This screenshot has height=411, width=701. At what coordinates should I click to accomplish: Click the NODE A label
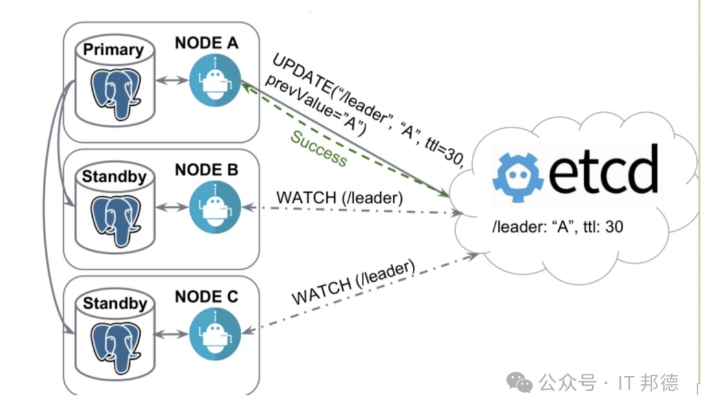tap(206, 43)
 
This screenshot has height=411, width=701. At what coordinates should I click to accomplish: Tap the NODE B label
tap(206, 170)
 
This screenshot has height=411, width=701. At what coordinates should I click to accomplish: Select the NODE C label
tap(206, 297)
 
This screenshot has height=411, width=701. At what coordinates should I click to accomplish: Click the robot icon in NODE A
tap(215, 81)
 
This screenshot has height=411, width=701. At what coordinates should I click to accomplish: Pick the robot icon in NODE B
tap(215, 207)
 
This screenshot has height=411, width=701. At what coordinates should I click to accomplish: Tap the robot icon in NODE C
tap(215, 334)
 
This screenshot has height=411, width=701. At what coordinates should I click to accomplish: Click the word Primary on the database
tap(114, 50)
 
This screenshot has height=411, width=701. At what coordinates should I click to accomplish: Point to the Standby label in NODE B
tap(114, 177)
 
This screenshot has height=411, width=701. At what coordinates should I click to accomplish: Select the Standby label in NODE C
tap(115, 303)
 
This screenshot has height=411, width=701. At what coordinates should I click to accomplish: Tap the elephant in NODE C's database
tap(116, 347)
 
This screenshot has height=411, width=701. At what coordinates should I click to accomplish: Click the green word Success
tap(318, 149)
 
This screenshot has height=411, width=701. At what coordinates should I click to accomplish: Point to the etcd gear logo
tap(518, 177)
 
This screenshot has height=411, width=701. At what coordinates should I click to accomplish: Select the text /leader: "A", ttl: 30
tap(558, 227)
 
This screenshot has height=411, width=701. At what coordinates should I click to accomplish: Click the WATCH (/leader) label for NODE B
tap(339, 197)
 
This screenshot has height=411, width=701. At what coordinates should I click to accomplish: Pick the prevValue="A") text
tap(315, 105)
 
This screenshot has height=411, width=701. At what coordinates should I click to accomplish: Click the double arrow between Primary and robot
tap(172, 81)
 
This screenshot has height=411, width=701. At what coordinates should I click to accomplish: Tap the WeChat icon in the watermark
tap(519, 383)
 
